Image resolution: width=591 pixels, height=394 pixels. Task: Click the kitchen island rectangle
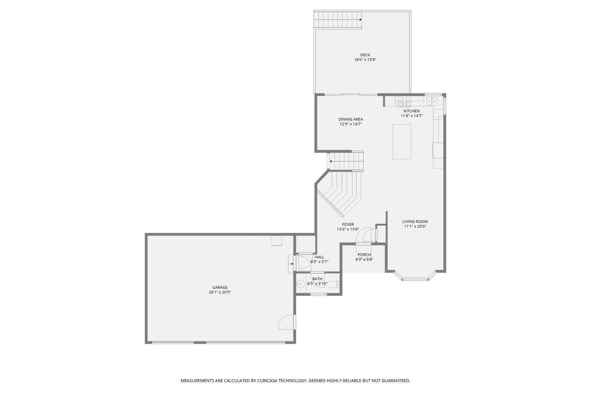401,141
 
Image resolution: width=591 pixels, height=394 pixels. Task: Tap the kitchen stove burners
404,101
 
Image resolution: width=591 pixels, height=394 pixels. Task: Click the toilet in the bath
333,284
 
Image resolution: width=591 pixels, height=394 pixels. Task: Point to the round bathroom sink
301,283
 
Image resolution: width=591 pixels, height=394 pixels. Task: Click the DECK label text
365,55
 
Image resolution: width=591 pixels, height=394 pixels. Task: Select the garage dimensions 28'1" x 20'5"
220,292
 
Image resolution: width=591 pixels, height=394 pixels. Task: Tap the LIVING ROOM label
415,221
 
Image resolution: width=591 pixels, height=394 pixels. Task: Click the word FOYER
348,225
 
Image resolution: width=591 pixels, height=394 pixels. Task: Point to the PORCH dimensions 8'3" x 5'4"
364,259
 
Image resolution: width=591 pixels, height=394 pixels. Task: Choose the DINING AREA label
350,119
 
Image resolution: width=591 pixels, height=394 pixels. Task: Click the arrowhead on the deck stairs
361,19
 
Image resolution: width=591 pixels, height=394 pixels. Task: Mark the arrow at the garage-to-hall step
292,264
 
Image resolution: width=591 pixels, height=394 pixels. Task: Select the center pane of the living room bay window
414,279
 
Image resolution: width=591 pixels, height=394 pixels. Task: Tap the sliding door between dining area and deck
347,94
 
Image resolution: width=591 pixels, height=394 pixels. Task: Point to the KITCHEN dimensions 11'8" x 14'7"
412,116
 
